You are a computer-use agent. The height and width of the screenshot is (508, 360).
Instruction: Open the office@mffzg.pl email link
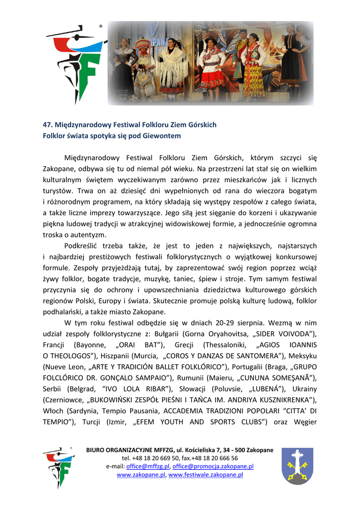point(148,467)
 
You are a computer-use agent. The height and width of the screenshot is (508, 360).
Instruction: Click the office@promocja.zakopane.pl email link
point(213,467)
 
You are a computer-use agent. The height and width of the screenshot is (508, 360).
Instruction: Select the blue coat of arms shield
point(297,465)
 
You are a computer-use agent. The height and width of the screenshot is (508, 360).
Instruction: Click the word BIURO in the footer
point(95,450)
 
